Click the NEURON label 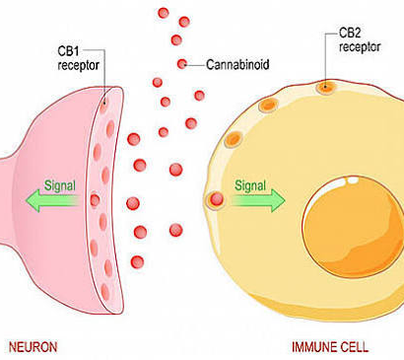click(x=33, y=347)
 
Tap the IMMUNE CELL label click(x=330, y=347)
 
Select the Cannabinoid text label click(x=237, y=64)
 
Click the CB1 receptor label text click(x=78, y=58)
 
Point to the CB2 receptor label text click(x=360, y=39)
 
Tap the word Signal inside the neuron click(x=60, y=185)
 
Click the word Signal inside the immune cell click(x=250, y=185)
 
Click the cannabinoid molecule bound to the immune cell click(x=217, y=199)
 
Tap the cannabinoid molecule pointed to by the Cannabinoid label click(x=181, y=64)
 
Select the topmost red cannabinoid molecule click(x=164, y=13)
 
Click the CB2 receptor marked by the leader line click(x=325, y=88)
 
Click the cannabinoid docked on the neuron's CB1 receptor click(x=95, y=200)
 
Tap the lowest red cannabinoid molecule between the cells click(x=137, y=262)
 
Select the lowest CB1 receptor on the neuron click(x=104, y=291)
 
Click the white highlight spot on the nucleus click(x=353, y=180)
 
